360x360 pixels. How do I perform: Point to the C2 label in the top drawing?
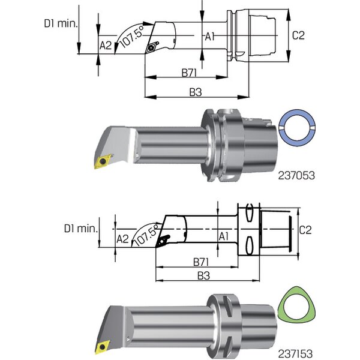(298, 35)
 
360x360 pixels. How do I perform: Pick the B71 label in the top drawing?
(191, 72)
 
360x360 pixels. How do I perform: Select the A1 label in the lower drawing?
(223, 236)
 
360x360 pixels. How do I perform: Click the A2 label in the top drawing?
(106, 44)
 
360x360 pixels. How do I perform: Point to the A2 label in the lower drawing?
(122, 239)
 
